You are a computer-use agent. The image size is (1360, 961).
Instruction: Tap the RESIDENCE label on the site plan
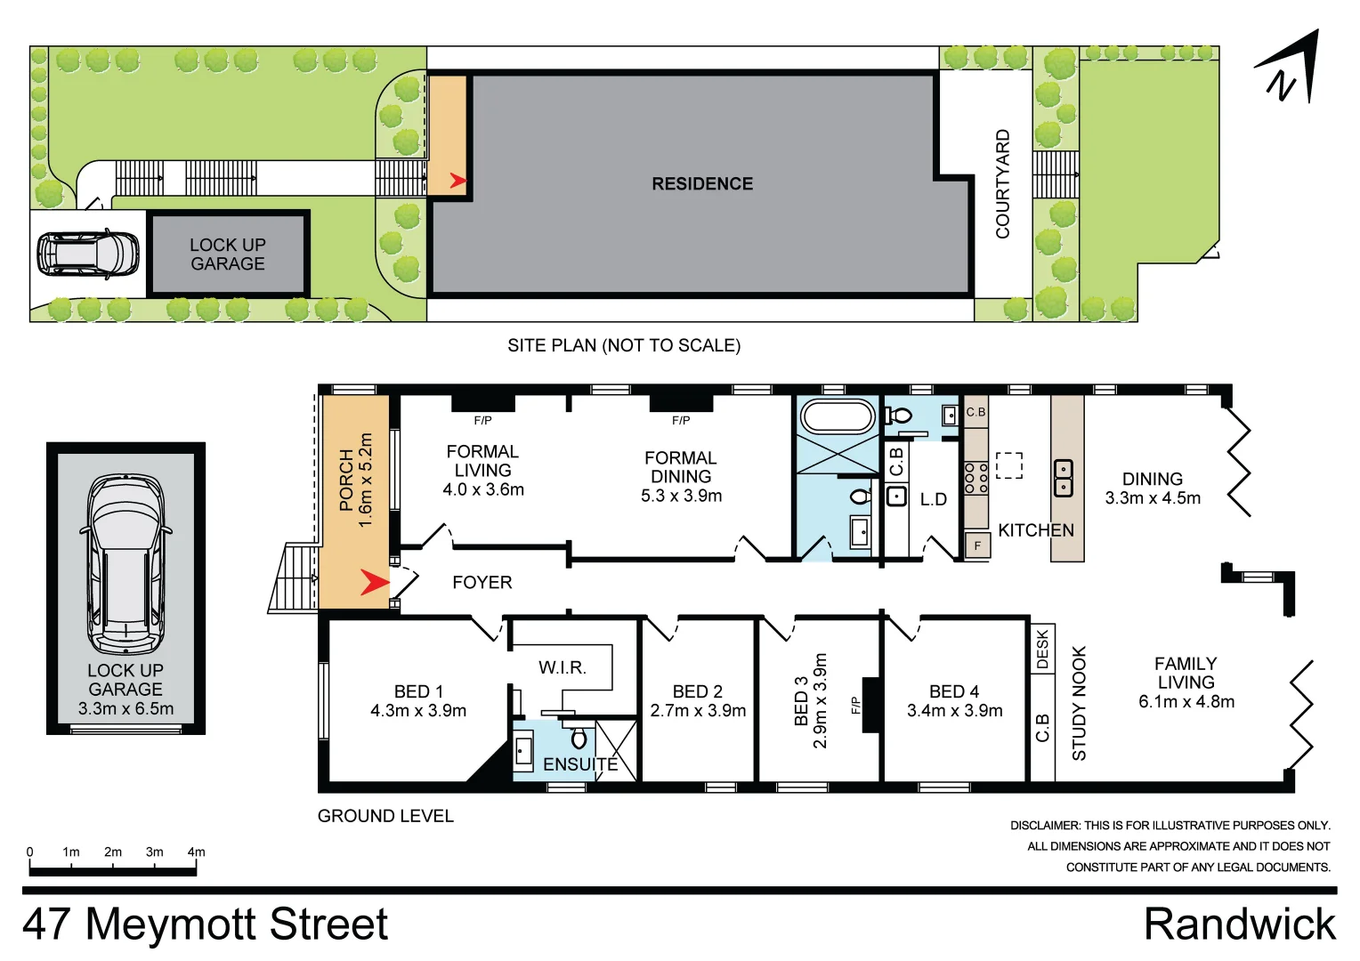click(702, 184)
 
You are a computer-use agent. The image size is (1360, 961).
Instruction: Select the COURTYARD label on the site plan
click(1003, 184)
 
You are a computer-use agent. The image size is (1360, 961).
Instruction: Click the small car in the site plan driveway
click(87, 254)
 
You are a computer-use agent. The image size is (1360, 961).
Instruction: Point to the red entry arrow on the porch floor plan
click(374, 584)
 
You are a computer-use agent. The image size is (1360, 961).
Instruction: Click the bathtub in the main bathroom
click(838, 416)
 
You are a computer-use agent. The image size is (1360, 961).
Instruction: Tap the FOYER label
click(482, 583)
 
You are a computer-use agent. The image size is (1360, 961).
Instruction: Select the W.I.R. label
click(562, 667)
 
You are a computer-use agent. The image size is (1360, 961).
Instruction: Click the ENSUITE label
click(579, 764)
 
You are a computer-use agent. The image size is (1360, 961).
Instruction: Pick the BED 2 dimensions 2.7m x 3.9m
click(698, 711)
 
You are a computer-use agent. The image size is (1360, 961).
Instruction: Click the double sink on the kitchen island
click(1064, 479)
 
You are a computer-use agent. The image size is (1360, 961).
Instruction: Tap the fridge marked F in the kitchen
click(977, 545)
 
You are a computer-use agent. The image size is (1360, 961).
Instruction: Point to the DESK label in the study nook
click(1042, 650)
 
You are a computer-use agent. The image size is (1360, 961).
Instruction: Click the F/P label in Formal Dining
click(681, 421)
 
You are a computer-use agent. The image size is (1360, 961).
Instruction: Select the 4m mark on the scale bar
click(196, 852)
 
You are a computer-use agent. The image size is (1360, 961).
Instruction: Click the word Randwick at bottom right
click(1239, 924)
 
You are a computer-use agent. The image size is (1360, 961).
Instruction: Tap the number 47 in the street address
click(47, 924)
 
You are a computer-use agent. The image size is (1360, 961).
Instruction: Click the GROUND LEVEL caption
click(385, 816)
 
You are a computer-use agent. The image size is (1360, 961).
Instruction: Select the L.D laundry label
click(933, 500)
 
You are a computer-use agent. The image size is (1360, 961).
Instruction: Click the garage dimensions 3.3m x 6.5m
click(125, 709)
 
